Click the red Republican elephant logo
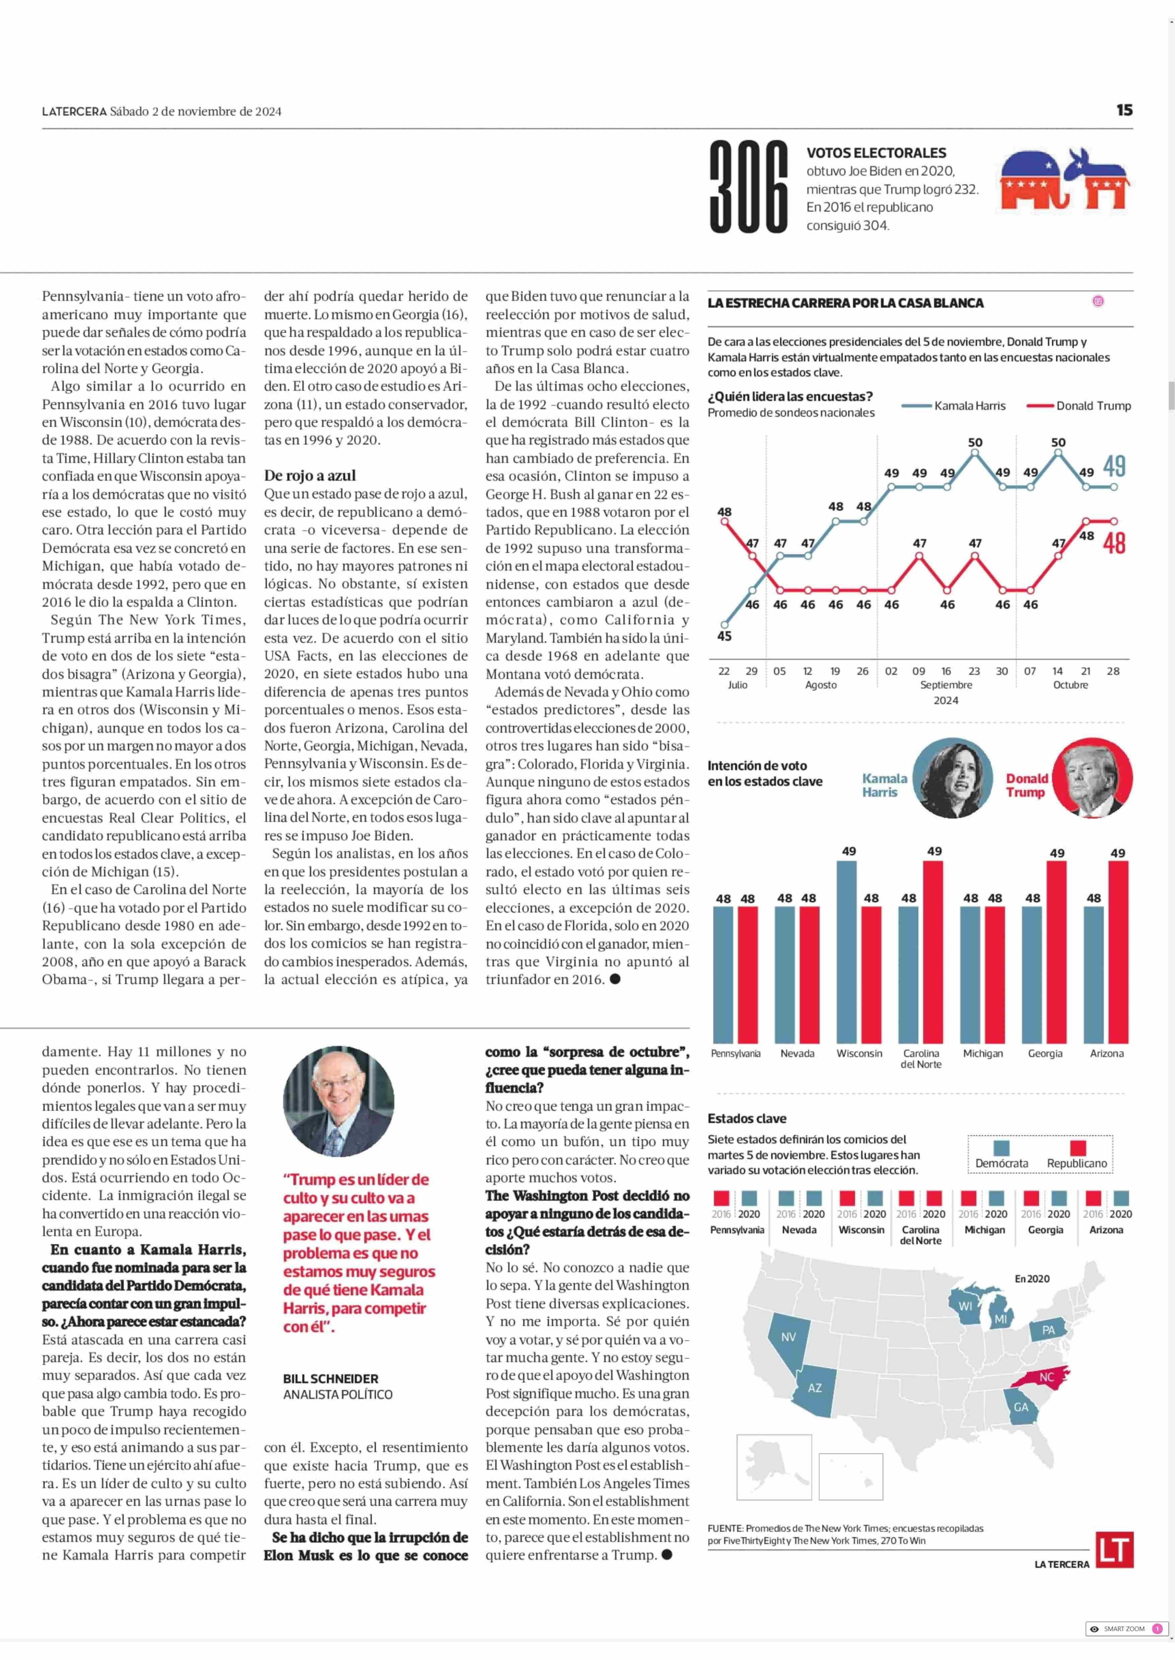click(x=1030, y=181)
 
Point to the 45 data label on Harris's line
click(x=724, y=636)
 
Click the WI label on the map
click(x=965, y=1306)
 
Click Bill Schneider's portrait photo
click(x=339, y=1101)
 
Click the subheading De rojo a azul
click(x=310, y=475)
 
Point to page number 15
click(x=1124, y=110)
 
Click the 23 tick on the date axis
click(x=974, y=671)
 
